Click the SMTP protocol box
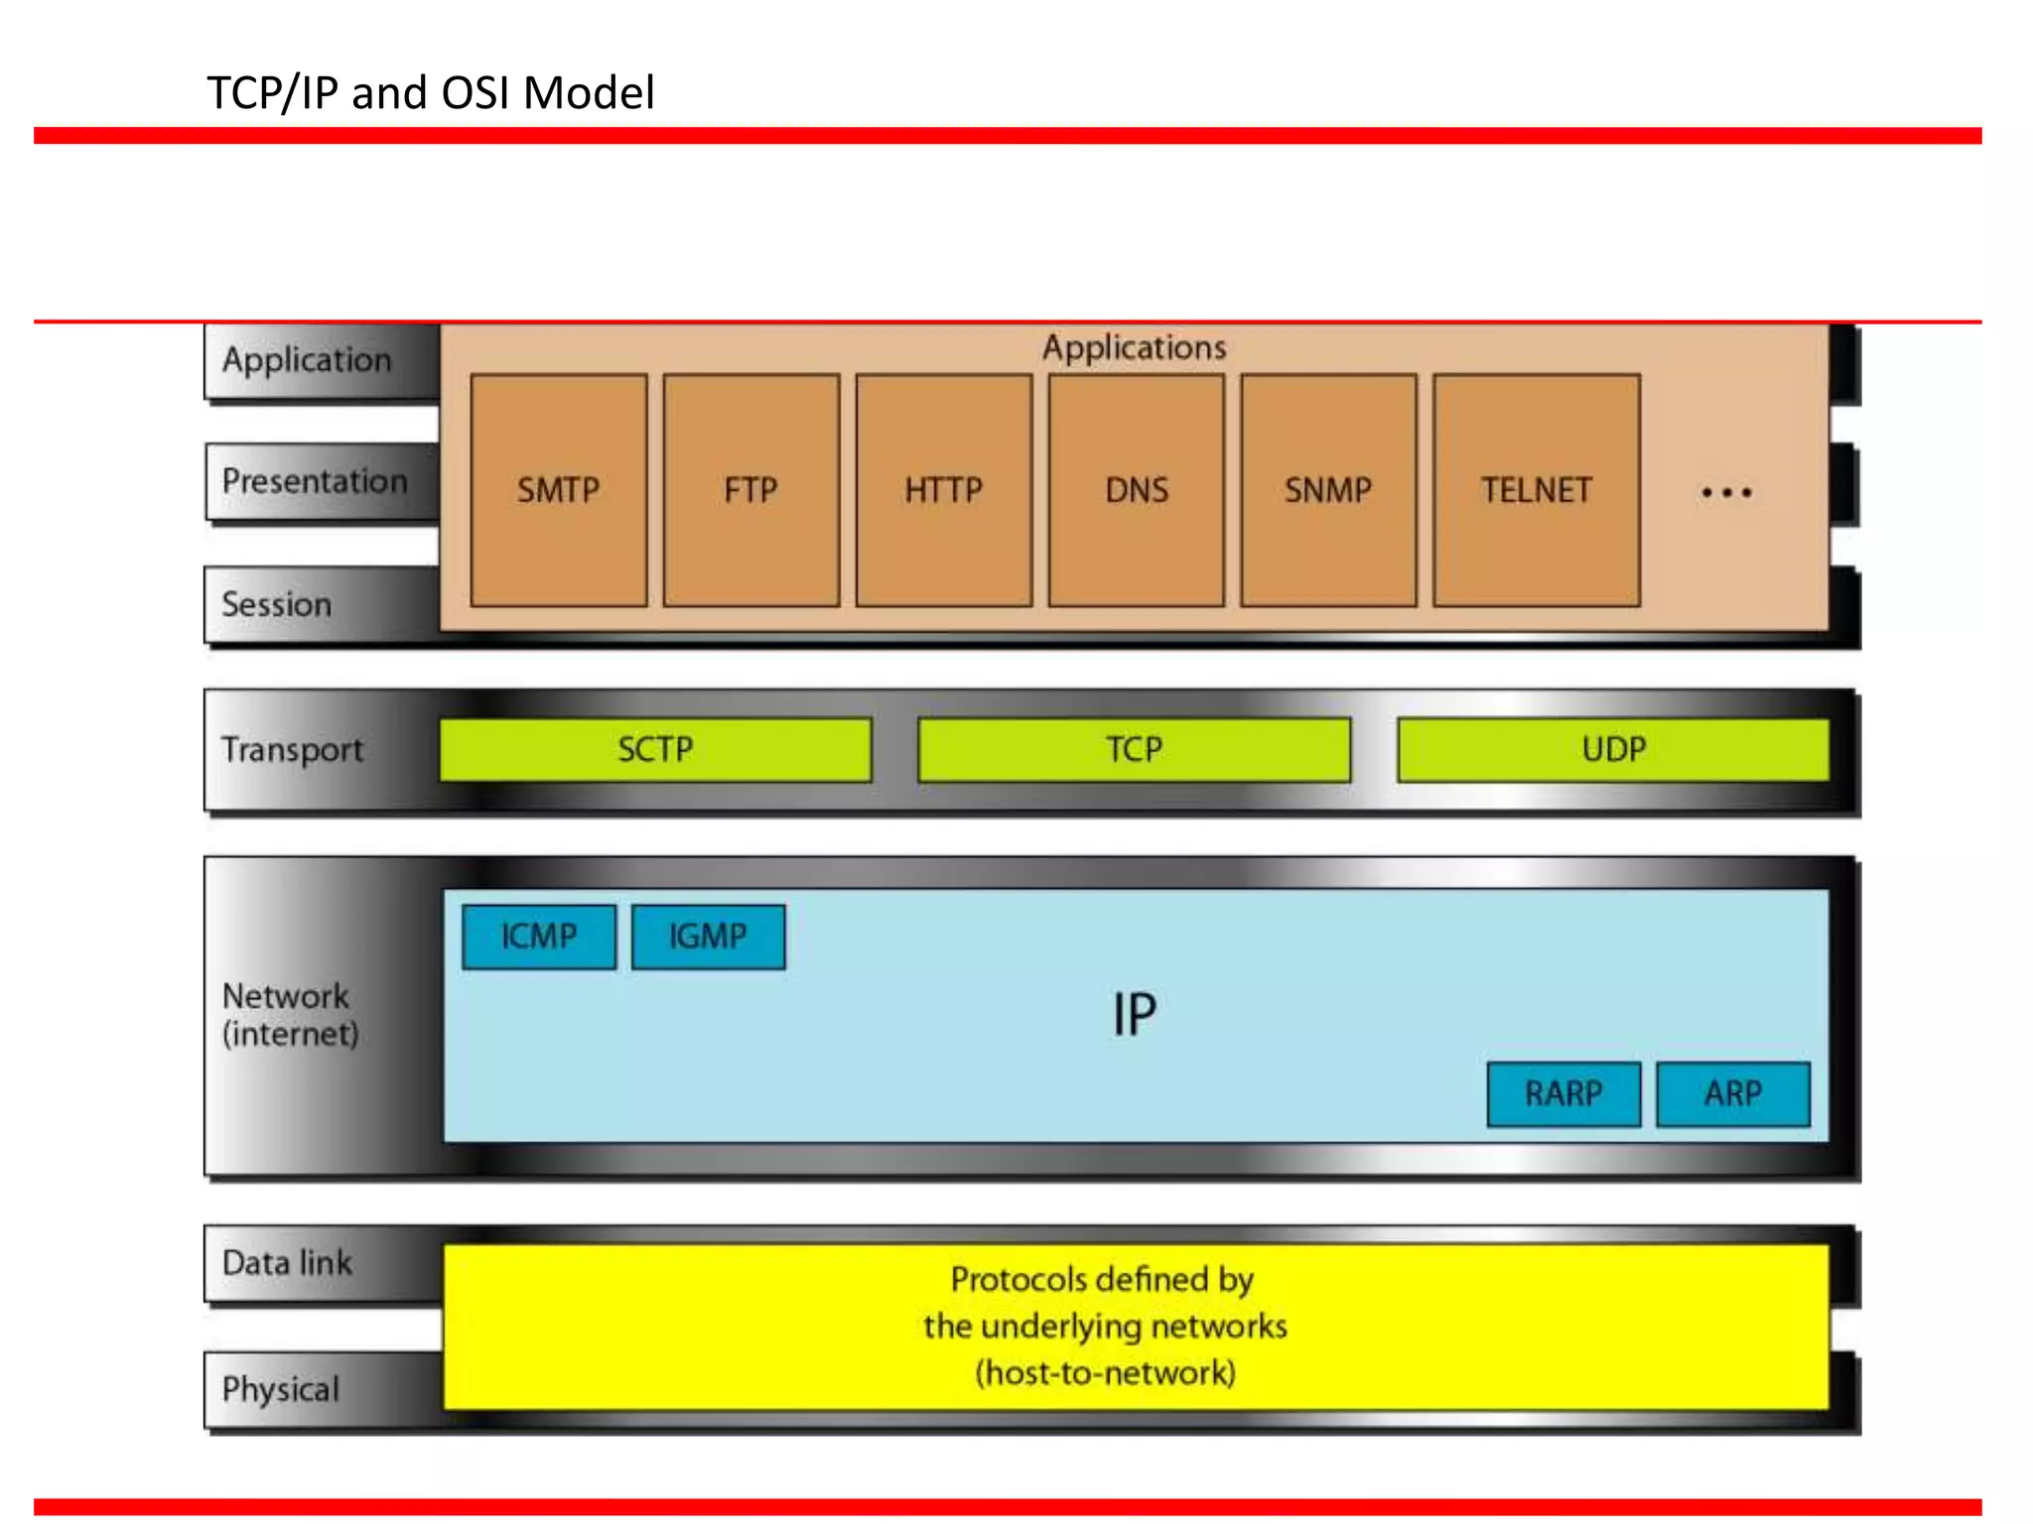click(x=559, y=490)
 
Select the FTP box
click(x=751, y=490)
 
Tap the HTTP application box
click(x=943, y=490)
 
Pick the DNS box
click(x=1137, y=490)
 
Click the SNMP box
click(x=1328, y=490)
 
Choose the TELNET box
click(x=1537, y=490)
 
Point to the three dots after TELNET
click(x=1726, y=492)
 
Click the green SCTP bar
click(x=655, y=749)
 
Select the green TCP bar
click(x=1134, y=749)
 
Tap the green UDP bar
click(x=1613, y=749)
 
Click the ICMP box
click(x=539, y=936)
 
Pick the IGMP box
click(x=708, y=936)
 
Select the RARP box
click(x=1563, y=1093)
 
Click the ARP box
click(x=1733, y=1093)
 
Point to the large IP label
click(x=1134, y=1014)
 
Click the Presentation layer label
click(x=315, y=481)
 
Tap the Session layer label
click(x=277, y=604)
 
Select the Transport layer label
click(x=292, y=750)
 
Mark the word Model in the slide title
click(x=589, y=93)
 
